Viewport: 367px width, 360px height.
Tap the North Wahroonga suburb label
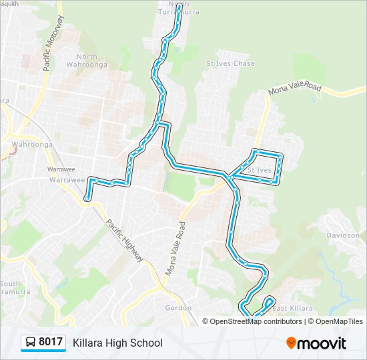coord(91,61)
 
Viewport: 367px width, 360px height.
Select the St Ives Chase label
coord(230,64)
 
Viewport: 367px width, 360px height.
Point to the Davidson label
coord(343,235)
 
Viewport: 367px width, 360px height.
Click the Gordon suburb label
coord(178,307)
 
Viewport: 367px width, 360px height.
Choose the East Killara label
coord(292,307)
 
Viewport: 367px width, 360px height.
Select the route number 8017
coord(51,343)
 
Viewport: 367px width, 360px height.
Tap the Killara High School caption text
coord(117,343)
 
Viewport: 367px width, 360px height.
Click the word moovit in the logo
coord(322,343)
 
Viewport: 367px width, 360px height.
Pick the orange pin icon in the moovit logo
coord(292,343)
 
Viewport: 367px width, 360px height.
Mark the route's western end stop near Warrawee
coord(87,198)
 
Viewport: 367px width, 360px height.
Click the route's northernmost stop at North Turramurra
coord(179,21)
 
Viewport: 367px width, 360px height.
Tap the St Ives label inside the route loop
coord(259,171)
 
